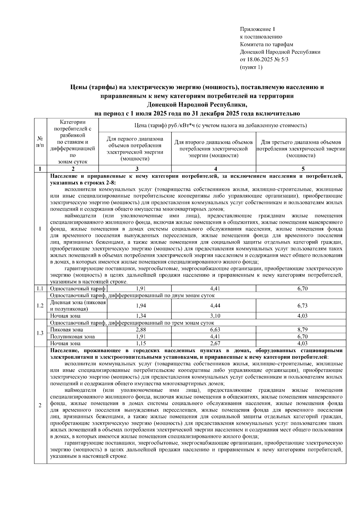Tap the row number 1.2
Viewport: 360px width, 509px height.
click(x=40, y=306)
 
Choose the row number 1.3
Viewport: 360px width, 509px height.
click(x=40, y=333)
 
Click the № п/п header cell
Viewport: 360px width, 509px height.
click(x=40, y=142)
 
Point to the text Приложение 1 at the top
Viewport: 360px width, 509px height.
click(x=257, y=29)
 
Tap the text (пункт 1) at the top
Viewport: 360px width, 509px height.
click(x=251, y=67)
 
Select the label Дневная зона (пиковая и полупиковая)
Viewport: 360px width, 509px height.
click(x=78, y=306)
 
